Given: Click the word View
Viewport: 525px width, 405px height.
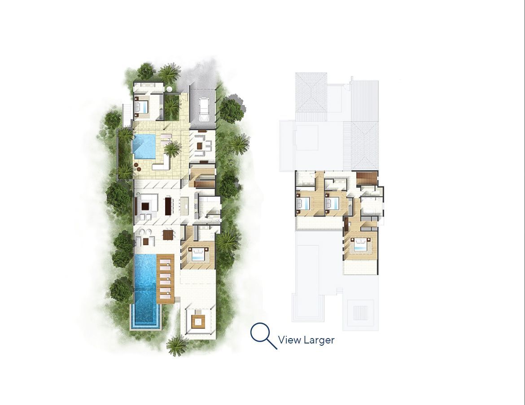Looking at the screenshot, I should pos(289,340).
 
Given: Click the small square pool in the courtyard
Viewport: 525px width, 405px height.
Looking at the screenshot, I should pos(144,146).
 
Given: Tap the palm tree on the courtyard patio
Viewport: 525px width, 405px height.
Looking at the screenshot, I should pos(171,148).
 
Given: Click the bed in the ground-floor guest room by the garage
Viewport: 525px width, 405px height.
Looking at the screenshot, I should pos(143,107).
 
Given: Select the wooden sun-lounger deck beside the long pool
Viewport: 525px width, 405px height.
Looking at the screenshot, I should pos(166,278).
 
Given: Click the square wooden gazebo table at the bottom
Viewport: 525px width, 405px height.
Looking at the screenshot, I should pos(198,321).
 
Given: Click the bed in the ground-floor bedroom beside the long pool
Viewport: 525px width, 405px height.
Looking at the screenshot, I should pos(198,255).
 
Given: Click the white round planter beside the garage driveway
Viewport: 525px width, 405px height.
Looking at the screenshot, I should pos(169,89).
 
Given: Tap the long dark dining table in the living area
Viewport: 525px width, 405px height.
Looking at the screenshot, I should pos(169,206).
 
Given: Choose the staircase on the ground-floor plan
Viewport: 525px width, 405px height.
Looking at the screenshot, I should pos(201,177).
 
